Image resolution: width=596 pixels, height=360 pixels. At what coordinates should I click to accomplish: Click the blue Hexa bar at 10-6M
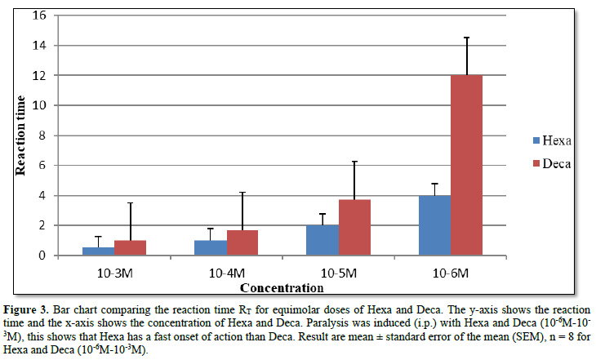pyautogui.click(x=435, y=225)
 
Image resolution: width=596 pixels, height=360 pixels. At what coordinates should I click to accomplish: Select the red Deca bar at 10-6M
pyautogui.click(x=466, y=165)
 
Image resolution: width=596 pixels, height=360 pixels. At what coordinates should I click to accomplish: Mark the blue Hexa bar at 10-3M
pyautogui.click(x=99, y=251)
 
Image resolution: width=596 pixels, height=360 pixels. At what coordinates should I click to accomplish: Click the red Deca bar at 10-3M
pyautogui.click(x=129, y=247)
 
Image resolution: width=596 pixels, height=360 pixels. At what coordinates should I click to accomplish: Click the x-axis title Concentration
pyautogui.click(x=282, y=287)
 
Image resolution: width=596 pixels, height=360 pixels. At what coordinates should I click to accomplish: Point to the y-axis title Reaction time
pyautogui.click(x=22, y=136)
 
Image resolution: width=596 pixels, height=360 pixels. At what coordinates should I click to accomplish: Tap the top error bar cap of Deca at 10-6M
pyautogui.click(x=466, y=38)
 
